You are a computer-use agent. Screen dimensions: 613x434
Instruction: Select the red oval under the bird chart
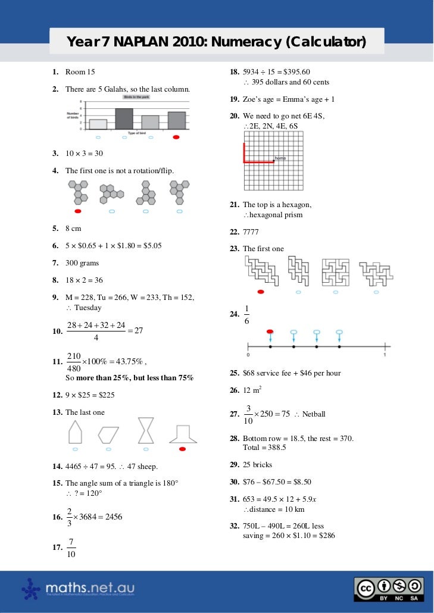click(175, 138)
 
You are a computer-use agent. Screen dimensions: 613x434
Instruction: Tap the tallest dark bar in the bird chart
click(124, 119)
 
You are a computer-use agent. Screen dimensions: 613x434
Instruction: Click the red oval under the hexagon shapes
click(78, 211)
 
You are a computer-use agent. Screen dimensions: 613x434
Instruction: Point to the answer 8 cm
click(73, 228)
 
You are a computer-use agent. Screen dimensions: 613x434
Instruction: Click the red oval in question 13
click(183, 448)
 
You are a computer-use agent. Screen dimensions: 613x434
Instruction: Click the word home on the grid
click(280, 159)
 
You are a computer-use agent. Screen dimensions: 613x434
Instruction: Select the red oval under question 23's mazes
click(260, 292)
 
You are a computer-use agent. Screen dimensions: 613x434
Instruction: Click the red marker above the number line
click(270, 331)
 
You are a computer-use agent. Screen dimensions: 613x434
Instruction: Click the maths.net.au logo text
click(90, 588)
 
